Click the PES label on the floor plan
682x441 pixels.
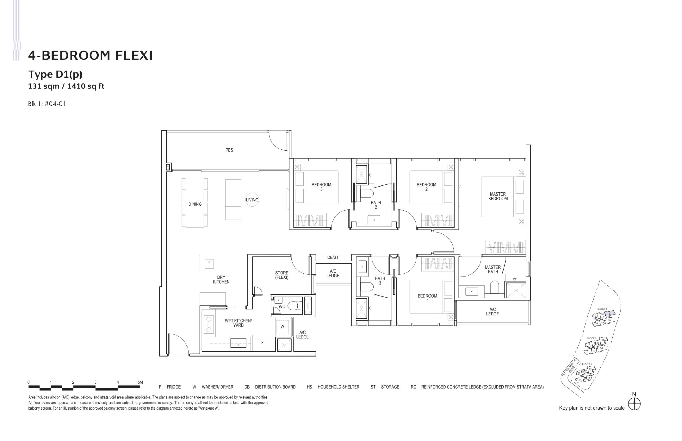[229, 150]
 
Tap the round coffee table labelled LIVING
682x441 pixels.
[252, 200]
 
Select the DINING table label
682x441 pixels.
[195, 204]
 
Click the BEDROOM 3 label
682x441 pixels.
[321, 187]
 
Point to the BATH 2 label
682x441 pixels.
[376, 205]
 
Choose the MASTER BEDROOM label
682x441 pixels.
[498, 196]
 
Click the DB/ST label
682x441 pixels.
[333, 257]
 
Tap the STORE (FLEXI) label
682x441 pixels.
[282, 275]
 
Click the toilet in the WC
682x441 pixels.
[293, 306]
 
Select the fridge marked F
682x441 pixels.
[262, 342]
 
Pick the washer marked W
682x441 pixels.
[282, 327]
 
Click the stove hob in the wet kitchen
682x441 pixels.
[208, 325]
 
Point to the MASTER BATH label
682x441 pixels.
[493, 269]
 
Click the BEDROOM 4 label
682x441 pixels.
[427, 298]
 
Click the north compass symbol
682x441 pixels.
[634, 404]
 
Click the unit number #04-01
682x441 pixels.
[55, 104]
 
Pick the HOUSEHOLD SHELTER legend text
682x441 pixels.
[338, 387]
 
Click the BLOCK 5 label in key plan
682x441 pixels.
[587, 364]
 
